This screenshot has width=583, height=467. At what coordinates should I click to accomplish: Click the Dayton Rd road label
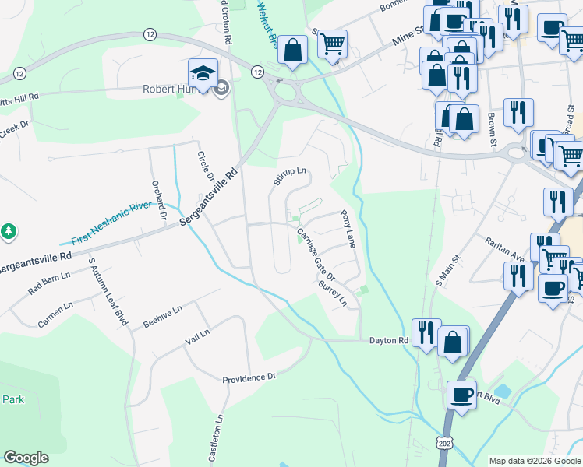(x=388, y=341)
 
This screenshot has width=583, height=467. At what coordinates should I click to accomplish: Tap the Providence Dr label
(x=249, y=378)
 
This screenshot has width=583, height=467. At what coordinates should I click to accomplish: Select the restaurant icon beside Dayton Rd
(x=426, y=332)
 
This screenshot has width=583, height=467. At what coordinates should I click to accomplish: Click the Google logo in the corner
(x=26, y=458)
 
